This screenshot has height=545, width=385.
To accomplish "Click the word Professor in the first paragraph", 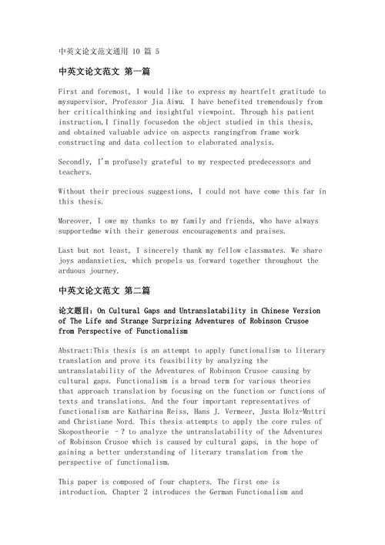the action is tap(131, 102).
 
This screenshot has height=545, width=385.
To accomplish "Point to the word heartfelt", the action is tap(243, 92).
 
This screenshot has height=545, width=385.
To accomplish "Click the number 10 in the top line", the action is tap(136, 52).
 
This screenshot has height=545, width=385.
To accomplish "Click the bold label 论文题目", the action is tap(75, 311).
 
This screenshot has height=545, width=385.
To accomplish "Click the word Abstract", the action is tap(75, 351).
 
